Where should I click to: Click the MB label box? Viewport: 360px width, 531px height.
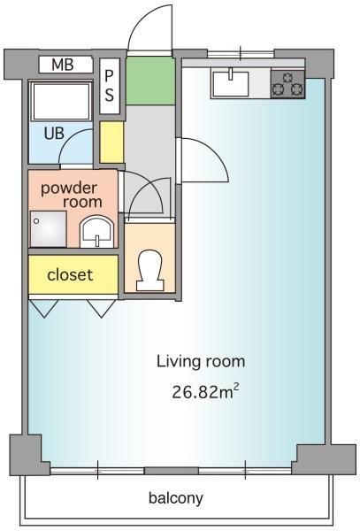point(65,65)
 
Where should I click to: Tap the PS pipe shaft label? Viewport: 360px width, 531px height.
point(110,86)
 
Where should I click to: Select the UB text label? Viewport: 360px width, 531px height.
point(54,133)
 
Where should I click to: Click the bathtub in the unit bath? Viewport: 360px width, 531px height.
point(61,101)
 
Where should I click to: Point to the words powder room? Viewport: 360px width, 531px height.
point(71,195)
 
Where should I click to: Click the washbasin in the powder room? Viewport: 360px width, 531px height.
point(96,232)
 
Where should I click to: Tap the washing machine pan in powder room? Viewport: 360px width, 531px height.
point(49,229)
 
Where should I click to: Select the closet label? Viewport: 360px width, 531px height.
point(70,274)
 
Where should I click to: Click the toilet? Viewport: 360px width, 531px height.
point(149,270)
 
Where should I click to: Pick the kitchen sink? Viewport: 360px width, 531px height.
point(230,82)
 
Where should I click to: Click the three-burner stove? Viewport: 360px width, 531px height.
point(287,84)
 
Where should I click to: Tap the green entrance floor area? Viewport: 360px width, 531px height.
point(150,81)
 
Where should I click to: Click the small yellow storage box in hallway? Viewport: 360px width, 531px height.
point(111,142)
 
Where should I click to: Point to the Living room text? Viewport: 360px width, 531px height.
point(201,362)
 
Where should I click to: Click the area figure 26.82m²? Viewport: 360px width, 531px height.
point(205,392)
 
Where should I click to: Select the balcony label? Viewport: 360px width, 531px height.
point(176,497)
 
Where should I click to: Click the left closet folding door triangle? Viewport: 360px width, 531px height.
point(44,308)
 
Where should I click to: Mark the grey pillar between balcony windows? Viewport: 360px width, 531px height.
point(172,471)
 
